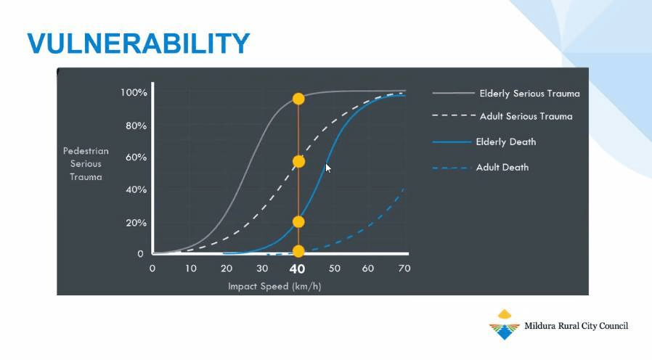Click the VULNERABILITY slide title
(x=139, y=44)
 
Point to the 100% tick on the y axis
(x=134, y=92)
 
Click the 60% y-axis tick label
(x=136, y=157)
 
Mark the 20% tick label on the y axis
(x=136, y=223)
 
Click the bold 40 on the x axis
(x=297, y=269)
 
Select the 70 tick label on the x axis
(x=404, y=269)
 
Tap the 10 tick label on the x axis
(x=191, y=269)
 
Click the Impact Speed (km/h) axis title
(x=274, y=287)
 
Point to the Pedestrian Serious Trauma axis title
(x=86, y=164)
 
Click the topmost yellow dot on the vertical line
(x=298, y=99)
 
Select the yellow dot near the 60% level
(x=298, y=161)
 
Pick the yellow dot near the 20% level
(x=298, y=222)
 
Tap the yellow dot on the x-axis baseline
(x=298, y=251)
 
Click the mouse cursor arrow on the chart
(x=328, y=168)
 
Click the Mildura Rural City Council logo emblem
(x=505, y=324)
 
